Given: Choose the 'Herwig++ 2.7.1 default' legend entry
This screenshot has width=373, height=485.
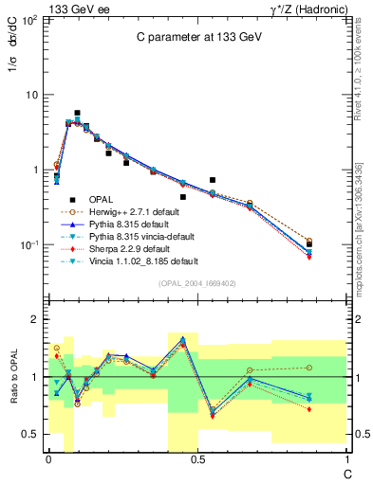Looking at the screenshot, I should click(x=136, y=211).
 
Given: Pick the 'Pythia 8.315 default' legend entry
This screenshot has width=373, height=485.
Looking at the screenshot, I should click(x=130, y=224).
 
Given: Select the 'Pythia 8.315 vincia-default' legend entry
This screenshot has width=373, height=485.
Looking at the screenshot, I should click(x=142, y=236).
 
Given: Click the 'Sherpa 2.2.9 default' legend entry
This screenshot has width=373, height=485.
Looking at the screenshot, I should click(x=131, y=248).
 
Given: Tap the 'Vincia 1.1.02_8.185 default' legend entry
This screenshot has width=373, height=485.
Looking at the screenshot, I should click(x=143, y=260).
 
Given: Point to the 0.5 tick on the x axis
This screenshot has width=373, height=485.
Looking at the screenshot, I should click(x=197, y=459).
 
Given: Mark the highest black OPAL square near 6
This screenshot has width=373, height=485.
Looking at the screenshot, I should click(x=77, y=113).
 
